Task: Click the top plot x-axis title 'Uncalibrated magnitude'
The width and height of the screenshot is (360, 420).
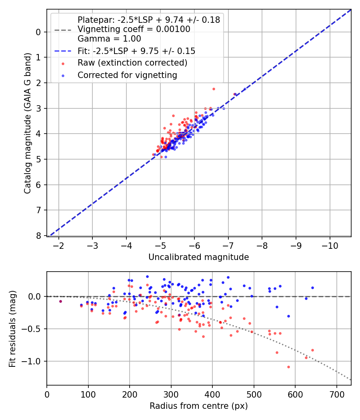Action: pyautogui.click(x=198, y=257)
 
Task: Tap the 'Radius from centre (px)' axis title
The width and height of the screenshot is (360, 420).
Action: pyautogui.click(x=198, y=406)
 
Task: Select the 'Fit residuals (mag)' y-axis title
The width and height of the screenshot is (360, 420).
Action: pyautogui.click(x=12, y=329)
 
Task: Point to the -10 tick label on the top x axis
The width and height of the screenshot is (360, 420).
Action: pyautogui.click(x=330, y=244)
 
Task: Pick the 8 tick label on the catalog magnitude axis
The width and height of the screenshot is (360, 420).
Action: pyautogui.click(x=38, y=236)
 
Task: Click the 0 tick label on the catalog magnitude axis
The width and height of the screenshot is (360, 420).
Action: pyautogui.click(x=38, y=32)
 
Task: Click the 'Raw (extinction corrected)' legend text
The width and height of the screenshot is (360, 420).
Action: pyautogui.click(x=132, y=63)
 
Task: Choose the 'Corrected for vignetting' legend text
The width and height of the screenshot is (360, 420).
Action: pyautogui.click(x=127, y=75)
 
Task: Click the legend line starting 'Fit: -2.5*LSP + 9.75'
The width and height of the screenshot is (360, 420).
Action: pyautogui.click(x=136, y=51)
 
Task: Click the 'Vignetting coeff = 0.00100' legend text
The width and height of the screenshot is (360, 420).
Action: pyautogui.click(x=134, y=29)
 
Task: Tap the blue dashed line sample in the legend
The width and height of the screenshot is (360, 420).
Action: pyautogui.click(x=63, y=51)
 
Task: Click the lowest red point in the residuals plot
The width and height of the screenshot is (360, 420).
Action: pyautogui.click(x=288, y=367)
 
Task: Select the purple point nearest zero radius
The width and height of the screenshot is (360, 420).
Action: pyautogui.click(x=60, y=301)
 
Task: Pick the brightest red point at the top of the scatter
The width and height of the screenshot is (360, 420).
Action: pyautogui.click(x=214, y=89)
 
